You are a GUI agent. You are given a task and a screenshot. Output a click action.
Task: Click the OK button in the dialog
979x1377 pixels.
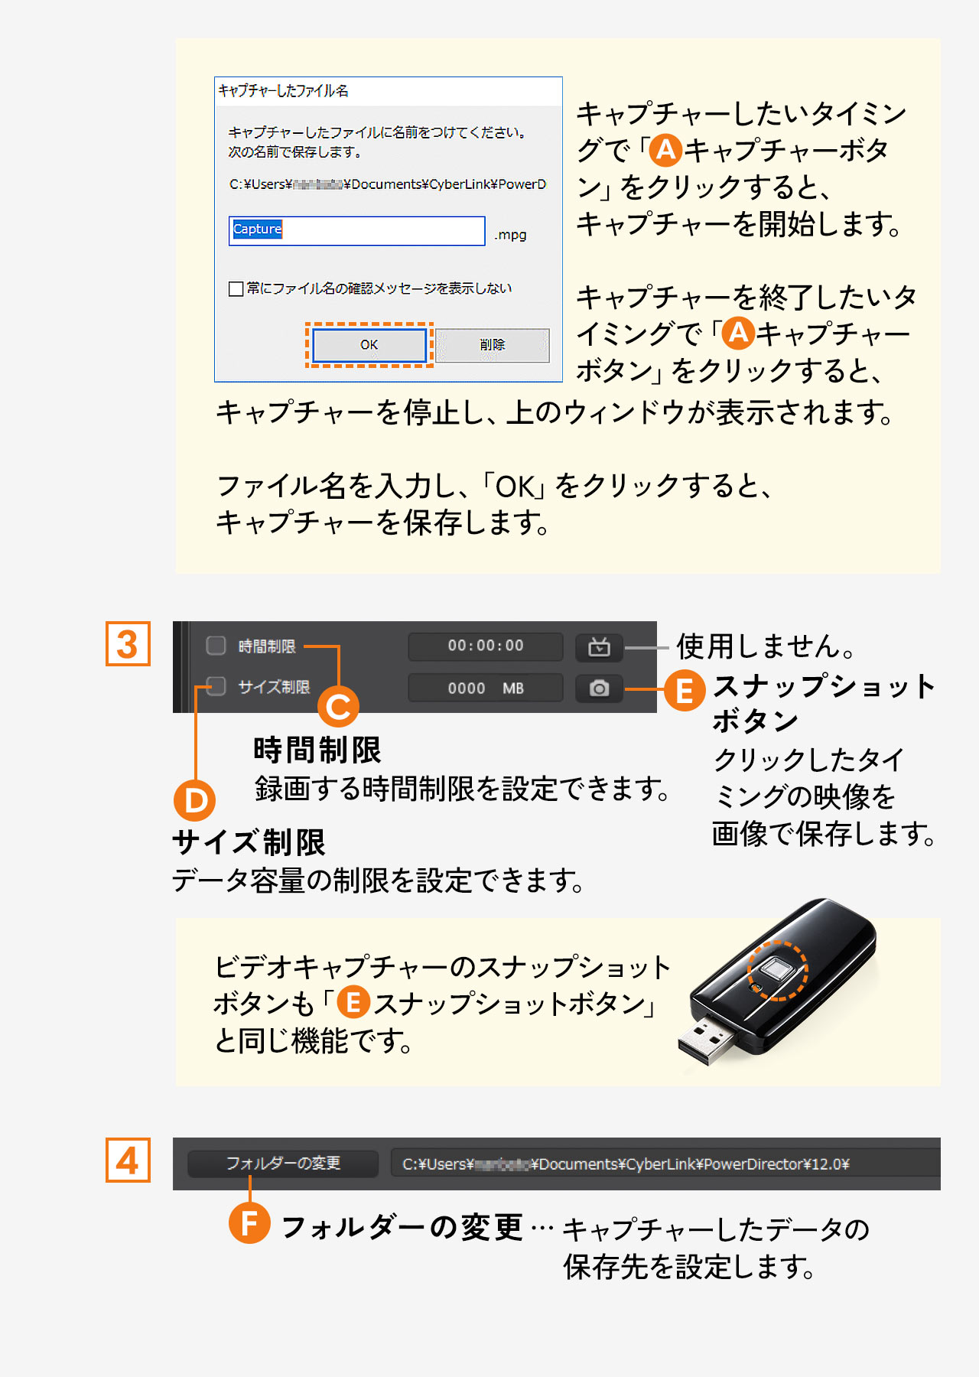(369, 345)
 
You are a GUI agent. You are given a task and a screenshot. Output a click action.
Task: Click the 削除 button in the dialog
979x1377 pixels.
(493, 345)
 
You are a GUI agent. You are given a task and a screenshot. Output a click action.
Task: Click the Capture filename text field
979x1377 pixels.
(356, 230)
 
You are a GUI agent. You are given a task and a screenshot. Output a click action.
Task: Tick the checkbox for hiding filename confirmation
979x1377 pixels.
(236, 288)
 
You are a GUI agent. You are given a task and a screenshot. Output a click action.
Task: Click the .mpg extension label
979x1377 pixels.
(510, 235)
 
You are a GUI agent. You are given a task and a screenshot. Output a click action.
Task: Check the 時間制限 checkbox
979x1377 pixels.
(216, 646)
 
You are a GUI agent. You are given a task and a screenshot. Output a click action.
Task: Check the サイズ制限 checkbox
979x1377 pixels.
(216, 686)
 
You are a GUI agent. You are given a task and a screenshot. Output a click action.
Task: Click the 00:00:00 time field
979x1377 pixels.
(486, 646)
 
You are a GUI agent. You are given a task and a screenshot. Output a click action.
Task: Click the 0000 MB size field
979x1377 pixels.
(486, 688)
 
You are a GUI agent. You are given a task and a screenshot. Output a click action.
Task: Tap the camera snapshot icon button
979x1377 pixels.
(599, 688)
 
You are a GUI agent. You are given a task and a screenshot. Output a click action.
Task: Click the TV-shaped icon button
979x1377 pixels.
(599, 647)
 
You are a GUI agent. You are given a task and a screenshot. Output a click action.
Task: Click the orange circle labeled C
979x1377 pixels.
(338, 706)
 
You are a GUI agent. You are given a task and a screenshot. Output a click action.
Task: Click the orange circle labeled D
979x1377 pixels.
(194, 800)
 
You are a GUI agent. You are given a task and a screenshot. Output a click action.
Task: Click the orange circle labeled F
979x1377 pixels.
(249, 1222)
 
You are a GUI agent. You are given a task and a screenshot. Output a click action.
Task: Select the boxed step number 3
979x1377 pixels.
(128, 644)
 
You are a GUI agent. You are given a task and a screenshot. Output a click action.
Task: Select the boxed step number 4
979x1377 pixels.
(128, 1161)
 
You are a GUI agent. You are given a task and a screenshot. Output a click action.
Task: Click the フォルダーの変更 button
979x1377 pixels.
(283, 1164)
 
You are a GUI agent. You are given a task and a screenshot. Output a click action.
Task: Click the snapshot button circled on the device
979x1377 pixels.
(777, 971)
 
